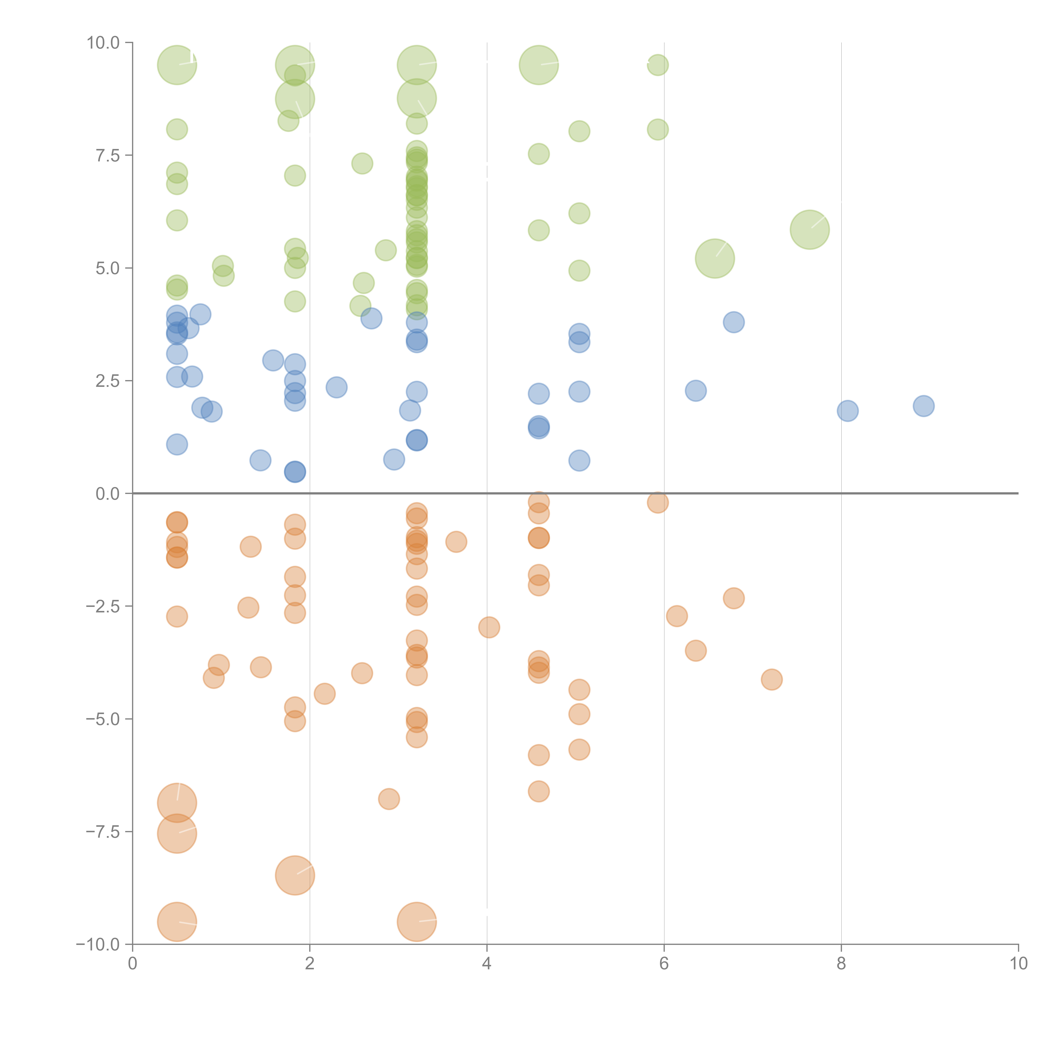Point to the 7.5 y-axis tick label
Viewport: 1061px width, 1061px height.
click(108, 155)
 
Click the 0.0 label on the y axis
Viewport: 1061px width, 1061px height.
click(108, 494)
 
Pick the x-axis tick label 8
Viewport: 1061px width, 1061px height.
click(841, 964)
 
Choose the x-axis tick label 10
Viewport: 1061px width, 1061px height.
click(1018, 964)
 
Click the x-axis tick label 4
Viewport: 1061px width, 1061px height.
click(487, 964)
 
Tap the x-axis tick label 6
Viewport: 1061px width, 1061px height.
click(664, 964)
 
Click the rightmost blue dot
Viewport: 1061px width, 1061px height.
click(924, 406)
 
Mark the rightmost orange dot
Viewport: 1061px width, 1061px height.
click(772, 679)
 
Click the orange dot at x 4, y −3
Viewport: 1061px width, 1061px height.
click(489, 627)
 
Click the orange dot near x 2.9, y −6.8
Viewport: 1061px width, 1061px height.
click(389, 799)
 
